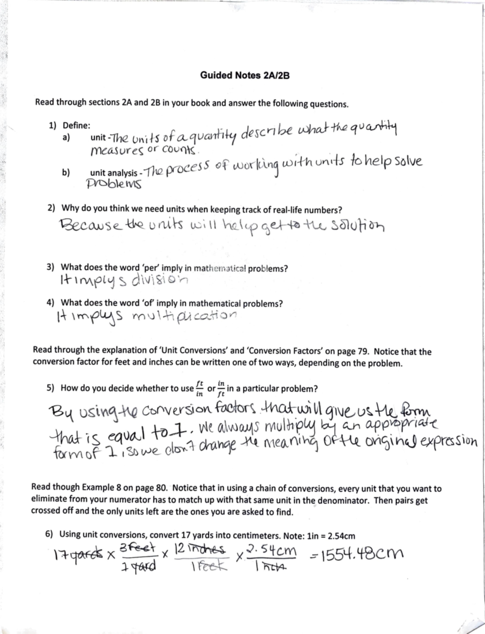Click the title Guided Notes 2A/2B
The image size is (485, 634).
[x=245, y=76]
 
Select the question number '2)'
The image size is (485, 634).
[x=51, y=208]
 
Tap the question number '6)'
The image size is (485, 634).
[x=49, y=534]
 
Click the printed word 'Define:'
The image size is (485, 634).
[x=76, y=125]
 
